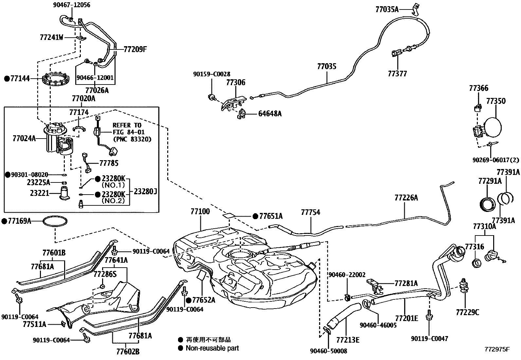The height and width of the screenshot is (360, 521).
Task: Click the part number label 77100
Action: pyautogui.click(x=200, y=212)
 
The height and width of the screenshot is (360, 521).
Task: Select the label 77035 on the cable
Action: pyautogui.click(x=326, y=66)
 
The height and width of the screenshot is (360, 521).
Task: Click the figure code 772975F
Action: pyautogui.click(x=497, y=349)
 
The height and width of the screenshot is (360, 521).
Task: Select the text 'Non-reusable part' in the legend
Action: pyautogui.click(x=212, y=348)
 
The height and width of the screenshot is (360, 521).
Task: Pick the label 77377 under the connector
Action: pyautogui.click(x=397, y=74)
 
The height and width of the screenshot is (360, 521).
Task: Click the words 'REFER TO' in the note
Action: pyautogui.click(x=127, y=125)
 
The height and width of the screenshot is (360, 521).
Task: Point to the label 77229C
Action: pyautogui.click(x=467, y=313)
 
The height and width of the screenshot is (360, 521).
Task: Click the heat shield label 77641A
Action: pyautogui.click(x=116, y=260)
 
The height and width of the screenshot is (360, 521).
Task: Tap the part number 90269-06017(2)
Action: pyautogui.click(x=495, y=160)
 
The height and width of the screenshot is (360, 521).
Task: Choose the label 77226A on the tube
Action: pyautogui.click(x=406, y=198)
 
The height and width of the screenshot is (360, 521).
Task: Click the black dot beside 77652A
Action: pyautogui.click(x=189, y=300)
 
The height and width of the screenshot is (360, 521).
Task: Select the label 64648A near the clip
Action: pyautogui.click(x=270, y=114)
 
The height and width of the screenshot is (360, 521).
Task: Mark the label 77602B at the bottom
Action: pyautogui.click(x=128, y=352)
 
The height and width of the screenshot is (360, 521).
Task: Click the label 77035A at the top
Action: pyautogui.click(x=387, y=9)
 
